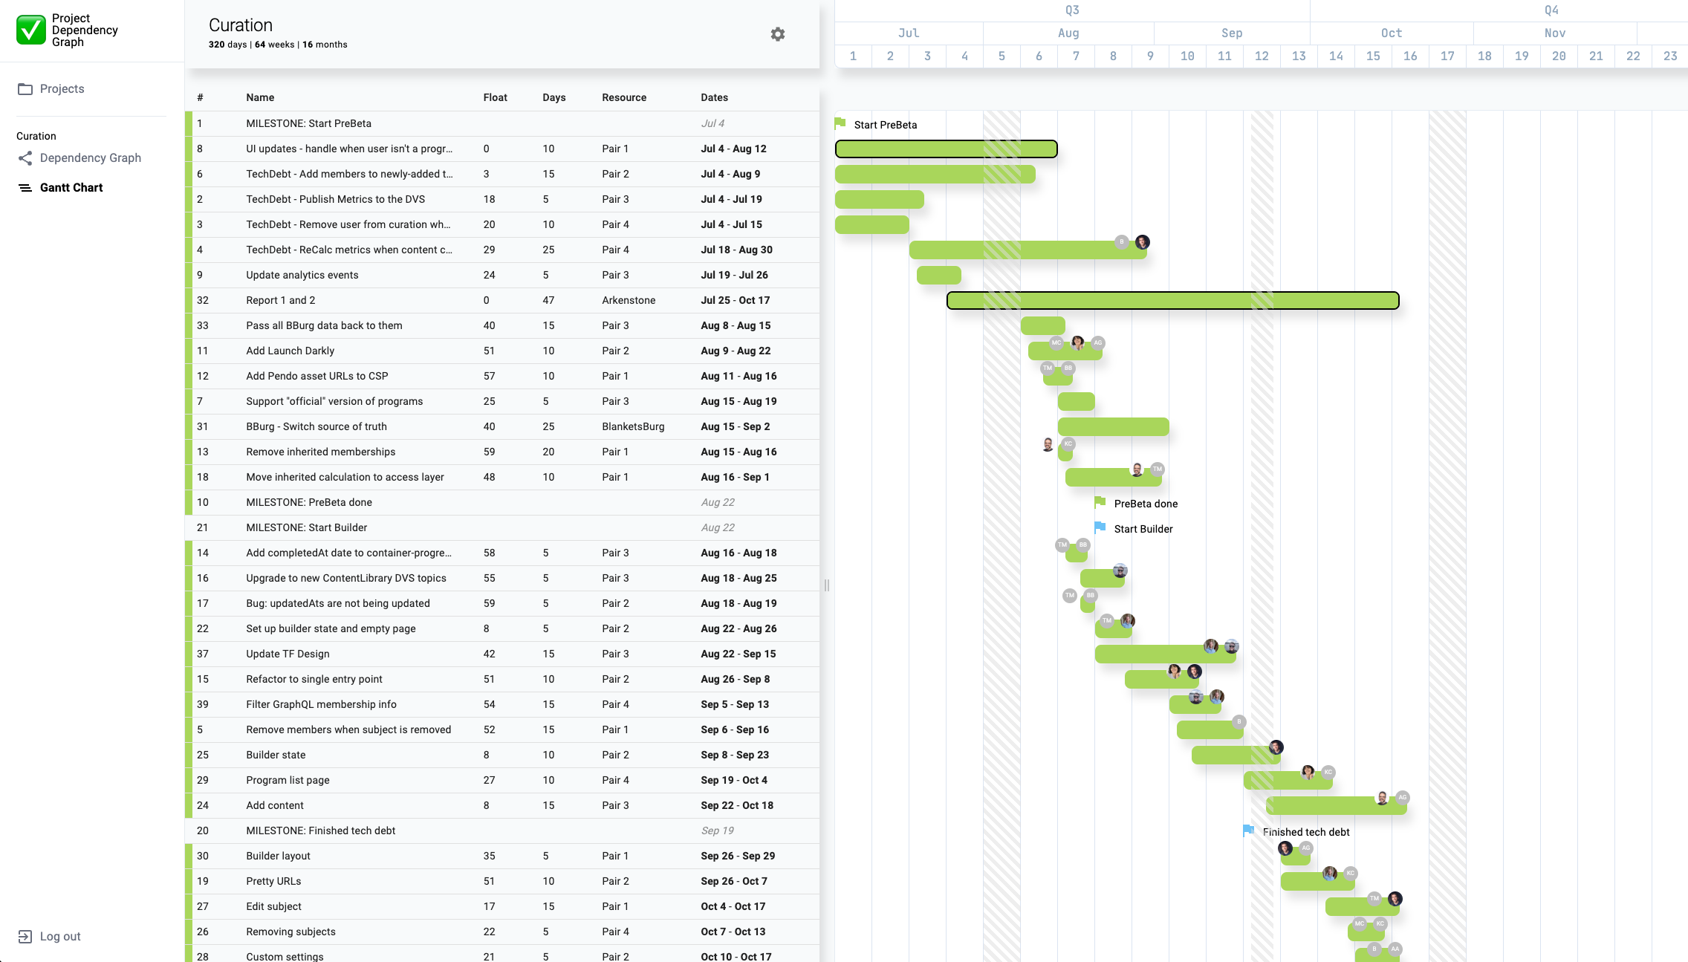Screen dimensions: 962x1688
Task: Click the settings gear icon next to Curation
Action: click(777, 34)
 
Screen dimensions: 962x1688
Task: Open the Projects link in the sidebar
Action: click(62, 89)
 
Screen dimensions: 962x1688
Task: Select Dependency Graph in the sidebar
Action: click(90, 158)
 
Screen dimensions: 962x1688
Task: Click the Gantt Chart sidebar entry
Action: click(71, 188)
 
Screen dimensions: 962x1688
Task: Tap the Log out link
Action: click(59, 937)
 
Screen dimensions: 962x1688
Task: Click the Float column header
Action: click(495, 98)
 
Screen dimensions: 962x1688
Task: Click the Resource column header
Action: click(623, 98)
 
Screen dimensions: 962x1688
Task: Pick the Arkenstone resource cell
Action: click(629, 301)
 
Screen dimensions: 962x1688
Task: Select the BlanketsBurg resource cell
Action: click(633, 427)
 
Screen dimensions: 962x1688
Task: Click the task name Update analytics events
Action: click(302, 276)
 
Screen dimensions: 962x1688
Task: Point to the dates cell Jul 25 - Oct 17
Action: click(735, 301)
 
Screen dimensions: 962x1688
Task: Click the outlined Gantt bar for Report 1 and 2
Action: click(1172, 301)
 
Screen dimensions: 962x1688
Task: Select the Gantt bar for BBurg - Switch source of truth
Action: click(1113, 427)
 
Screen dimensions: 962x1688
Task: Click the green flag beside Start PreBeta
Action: click(840, 123)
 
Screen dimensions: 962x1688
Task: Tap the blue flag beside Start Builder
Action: click(1100, 527)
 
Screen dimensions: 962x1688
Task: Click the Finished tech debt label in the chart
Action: click(1305, 833)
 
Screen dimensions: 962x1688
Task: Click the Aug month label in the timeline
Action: click(1068, 33)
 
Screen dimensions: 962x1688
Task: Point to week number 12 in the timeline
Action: click(1261, 56)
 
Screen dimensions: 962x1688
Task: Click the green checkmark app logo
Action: click(31, 30)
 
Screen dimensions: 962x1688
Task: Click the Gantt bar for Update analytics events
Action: click(938, 276)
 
